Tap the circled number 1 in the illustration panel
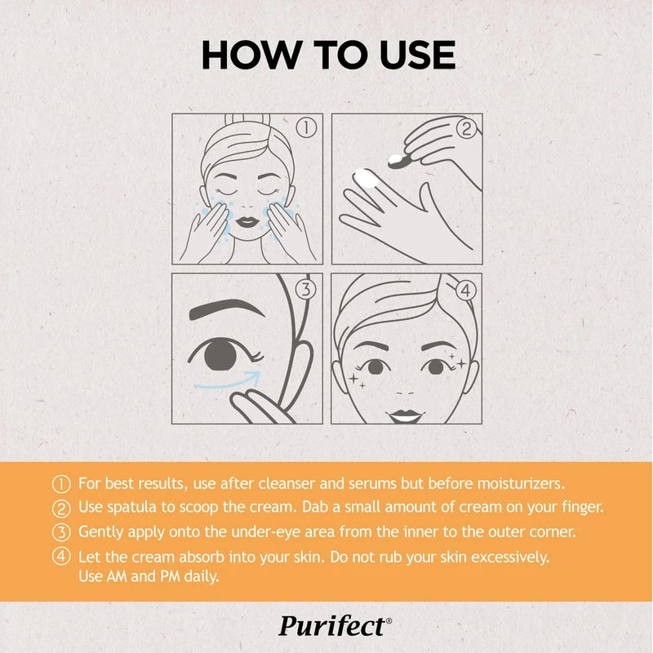click(306, 127)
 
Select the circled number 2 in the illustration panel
click(466, 128)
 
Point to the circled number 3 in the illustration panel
click(306, 289)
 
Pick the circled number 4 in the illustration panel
click(466, 290)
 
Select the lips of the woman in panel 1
click(247, 221)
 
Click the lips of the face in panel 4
click(405, 415)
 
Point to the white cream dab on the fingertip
click(366, 178)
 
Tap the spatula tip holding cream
click(398, 161)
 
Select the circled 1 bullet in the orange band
click(61, 484)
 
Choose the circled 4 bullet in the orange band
click(61, 557)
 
